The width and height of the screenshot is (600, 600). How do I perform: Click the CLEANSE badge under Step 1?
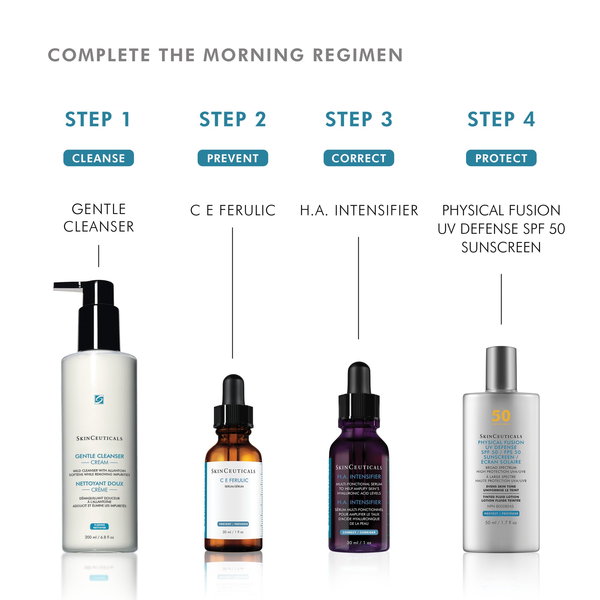[98, 158]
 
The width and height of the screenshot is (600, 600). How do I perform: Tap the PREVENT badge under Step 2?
[232, 158]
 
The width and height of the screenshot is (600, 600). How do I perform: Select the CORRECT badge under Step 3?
[359, 158]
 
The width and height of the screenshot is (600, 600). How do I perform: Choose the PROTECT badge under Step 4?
[501, 158]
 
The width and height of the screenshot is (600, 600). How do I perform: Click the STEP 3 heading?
[359, 119]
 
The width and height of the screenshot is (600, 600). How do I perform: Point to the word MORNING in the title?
[253, 55]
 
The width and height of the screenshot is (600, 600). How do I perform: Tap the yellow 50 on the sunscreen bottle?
[501, 416]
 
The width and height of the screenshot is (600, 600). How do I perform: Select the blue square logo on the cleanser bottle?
[99, 399]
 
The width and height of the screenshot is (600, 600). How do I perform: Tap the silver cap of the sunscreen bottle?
[501, 369]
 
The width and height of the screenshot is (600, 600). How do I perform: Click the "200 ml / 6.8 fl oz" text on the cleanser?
[99, 537]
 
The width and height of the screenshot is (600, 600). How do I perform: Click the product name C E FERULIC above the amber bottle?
[232, 211]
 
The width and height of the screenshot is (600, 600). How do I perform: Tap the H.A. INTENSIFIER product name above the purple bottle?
[359, 211]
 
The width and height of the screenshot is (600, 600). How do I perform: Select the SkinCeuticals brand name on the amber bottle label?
[233, 471]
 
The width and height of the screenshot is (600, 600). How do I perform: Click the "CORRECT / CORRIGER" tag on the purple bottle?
[359, 532]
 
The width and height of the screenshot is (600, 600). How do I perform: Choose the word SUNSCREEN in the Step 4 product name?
[501, 247]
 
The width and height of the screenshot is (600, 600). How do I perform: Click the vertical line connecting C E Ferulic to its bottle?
[232, 292]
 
